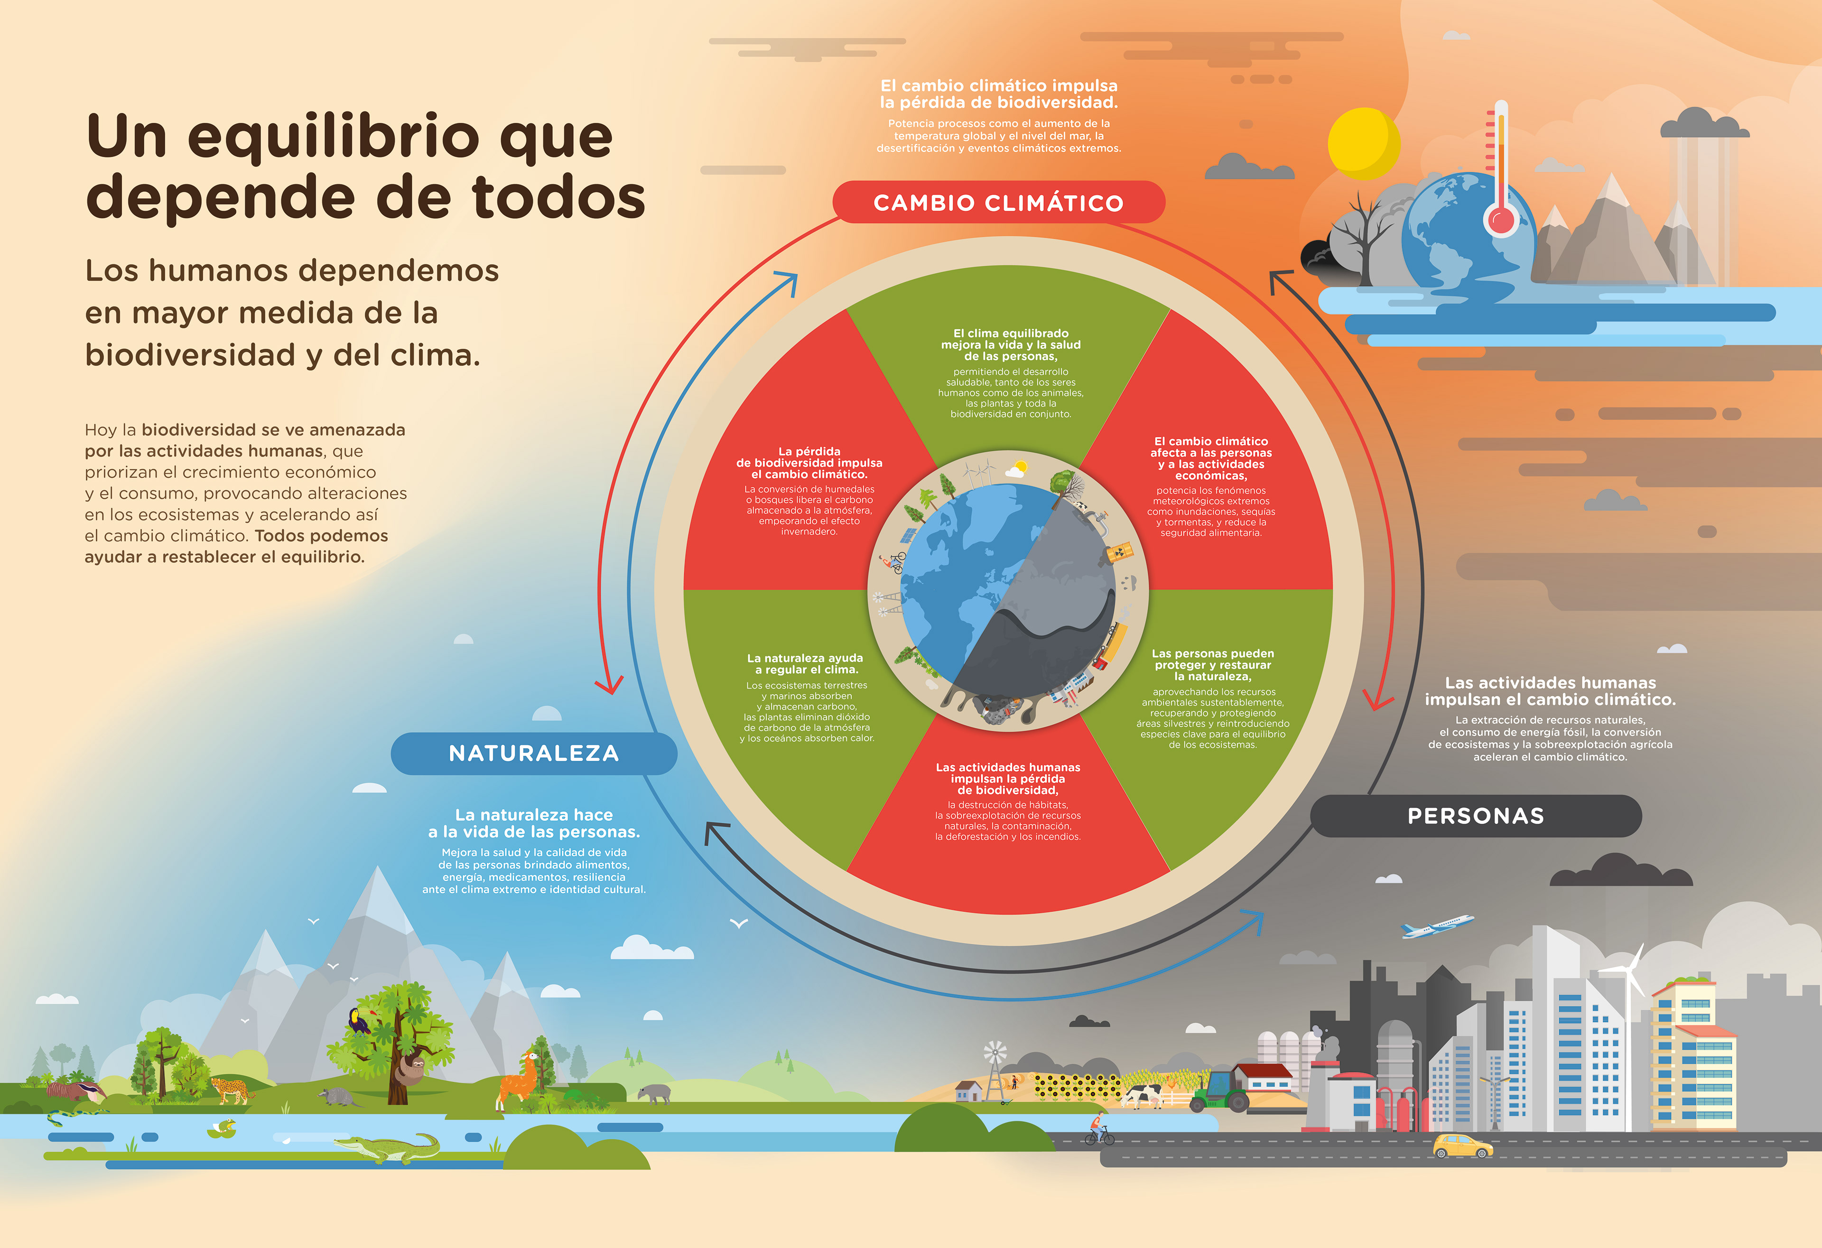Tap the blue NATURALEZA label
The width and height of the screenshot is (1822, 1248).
click(533, 754)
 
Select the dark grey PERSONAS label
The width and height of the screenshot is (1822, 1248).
click(1476, 816)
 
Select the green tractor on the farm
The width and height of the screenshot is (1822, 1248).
click(1218, 1092)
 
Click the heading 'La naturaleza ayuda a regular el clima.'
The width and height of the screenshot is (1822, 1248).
click(805, 663)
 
